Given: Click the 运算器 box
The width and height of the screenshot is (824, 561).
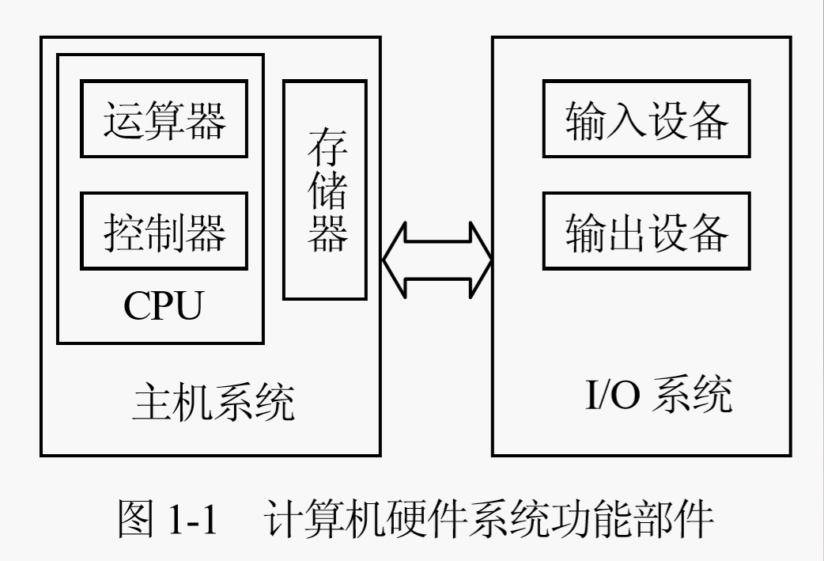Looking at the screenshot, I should (x=164, y=119).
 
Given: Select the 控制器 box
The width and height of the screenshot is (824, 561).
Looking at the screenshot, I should (x=164, y=231).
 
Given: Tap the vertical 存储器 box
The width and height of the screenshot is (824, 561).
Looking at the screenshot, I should (x=325, y=190).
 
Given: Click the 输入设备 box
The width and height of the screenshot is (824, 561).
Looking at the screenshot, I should (x=645, y=119).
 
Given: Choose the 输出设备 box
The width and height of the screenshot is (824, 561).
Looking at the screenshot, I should (x=645, y=231).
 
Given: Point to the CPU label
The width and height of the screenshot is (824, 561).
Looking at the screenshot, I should (x=162, y=305).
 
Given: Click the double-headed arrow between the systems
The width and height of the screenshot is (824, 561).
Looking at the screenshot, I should (x=437, y=261).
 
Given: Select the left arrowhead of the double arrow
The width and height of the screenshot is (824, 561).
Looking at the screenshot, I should (x=395, y=261).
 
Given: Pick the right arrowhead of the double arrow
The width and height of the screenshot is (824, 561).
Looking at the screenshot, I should (x=479, y=261).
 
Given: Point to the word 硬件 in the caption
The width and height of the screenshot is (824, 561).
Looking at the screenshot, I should (x=414, y=520).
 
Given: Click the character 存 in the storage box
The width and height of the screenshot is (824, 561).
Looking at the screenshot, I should (x=325, y=148).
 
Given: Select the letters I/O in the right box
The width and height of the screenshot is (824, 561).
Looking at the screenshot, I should (x=613, y=396).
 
